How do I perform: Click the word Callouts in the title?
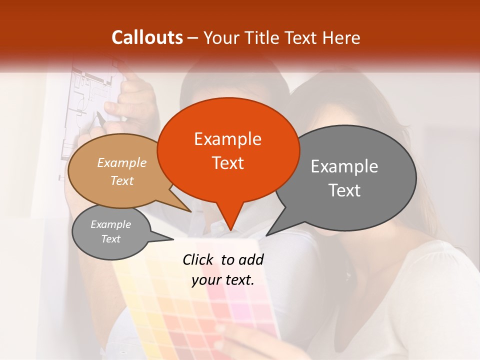point(147,37)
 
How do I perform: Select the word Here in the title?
point(341,37)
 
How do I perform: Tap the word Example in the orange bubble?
point(227,138)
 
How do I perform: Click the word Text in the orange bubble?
point(227,162)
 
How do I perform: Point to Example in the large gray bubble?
point(344,166)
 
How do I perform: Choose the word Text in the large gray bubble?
point(344,190)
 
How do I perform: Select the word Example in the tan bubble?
point(122,162)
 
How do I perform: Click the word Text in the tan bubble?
point(122,180)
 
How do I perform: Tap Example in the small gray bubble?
point(111,224)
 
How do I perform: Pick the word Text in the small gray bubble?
point(111,239)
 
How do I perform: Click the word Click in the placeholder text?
point(198,259)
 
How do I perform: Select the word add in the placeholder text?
point(251,259)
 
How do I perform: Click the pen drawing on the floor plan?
point(100,119)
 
